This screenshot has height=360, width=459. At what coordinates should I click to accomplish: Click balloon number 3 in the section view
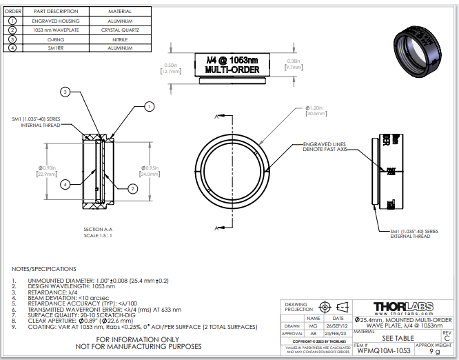point(64,92)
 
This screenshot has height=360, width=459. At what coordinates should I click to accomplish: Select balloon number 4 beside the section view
point(64,184)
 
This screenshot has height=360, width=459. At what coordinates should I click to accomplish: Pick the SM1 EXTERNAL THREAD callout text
point(414,234)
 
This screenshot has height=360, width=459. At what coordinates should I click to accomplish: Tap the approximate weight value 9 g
point(434,351)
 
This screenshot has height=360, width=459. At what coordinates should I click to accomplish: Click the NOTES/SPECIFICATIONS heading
point(44,268)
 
